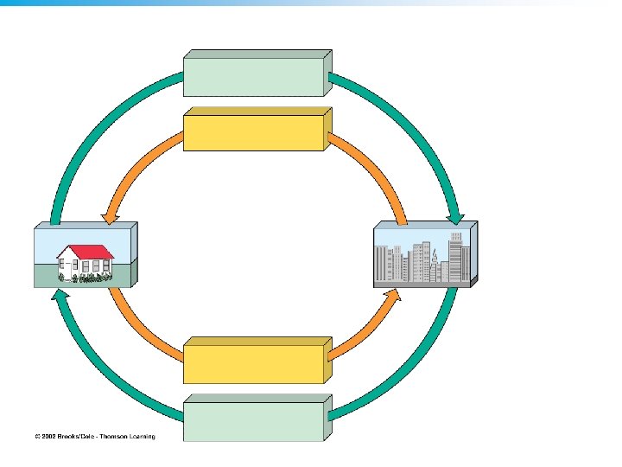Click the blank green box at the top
point(253,75)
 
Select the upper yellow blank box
point(253,131)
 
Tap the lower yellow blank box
point(253,363)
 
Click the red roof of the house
point(86,251)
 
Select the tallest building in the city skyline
point(455,255)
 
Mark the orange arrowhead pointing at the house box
point(111,214)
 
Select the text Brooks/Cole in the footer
point(79,437)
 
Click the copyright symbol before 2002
point(37,437)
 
